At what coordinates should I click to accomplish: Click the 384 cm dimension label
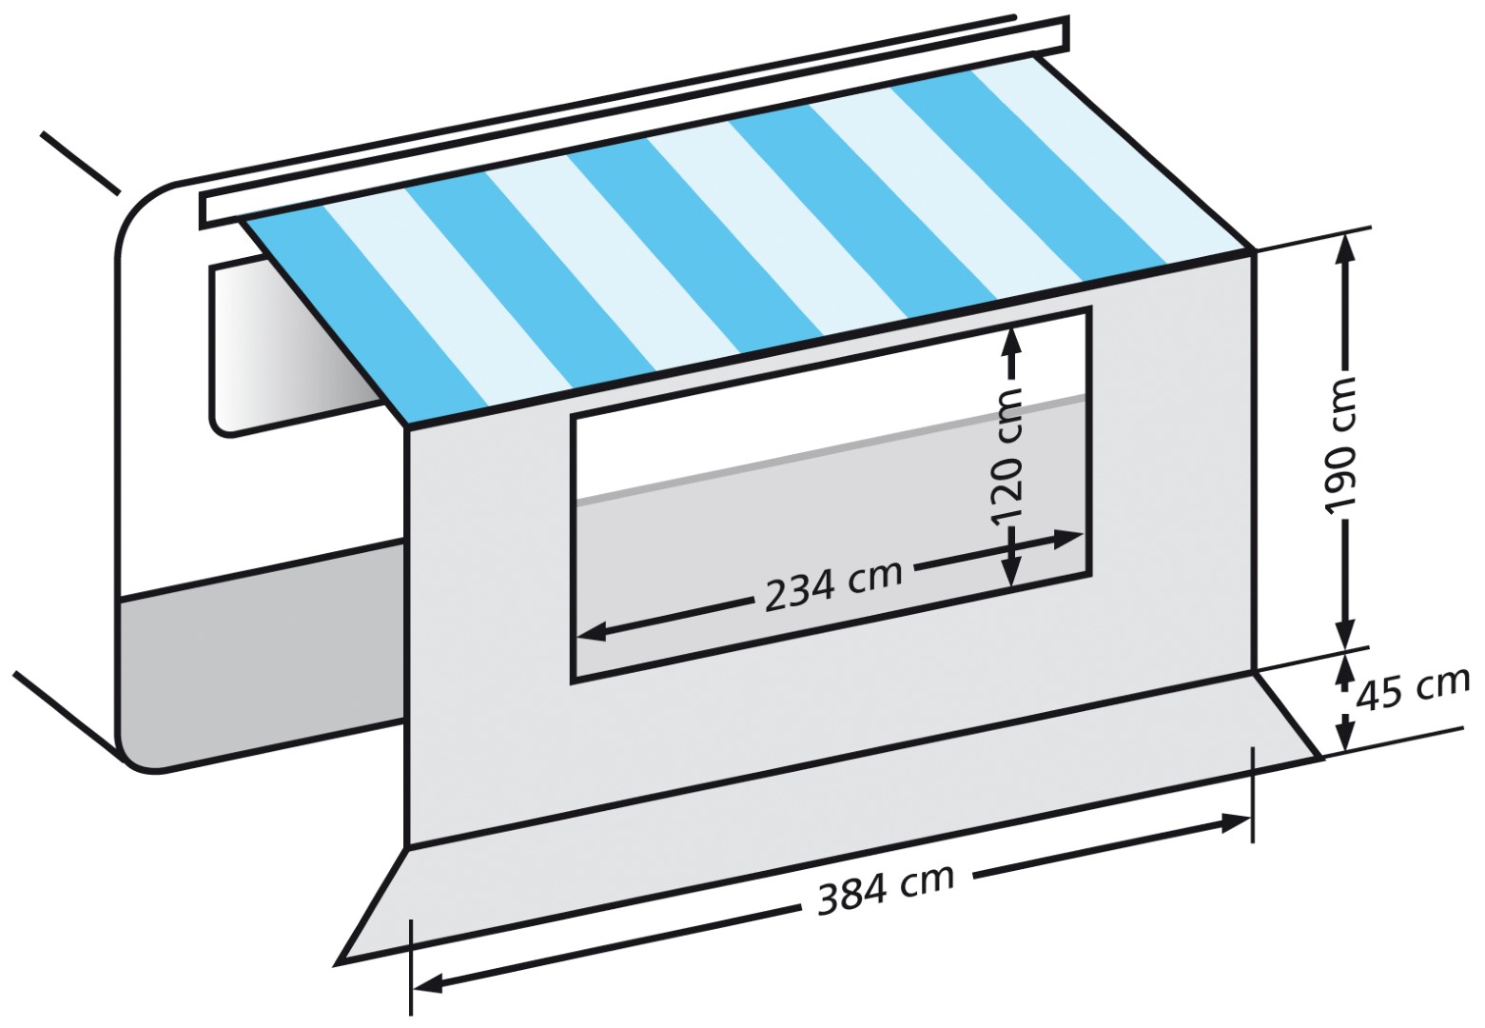click(x=887, y=889)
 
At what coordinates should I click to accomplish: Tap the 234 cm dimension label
click(x=834, y=586)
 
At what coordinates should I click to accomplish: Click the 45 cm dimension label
click(x=1412, y=690)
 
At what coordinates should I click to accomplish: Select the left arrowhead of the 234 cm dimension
click(x=592, y=633)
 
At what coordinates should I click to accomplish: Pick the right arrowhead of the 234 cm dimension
click(x=1068, y=539)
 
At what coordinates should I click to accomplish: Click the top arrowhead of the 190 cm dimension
click(x=1344, y=248)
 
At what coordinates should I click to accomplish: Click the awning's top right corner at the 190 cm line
click(x=1254, y=250)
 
